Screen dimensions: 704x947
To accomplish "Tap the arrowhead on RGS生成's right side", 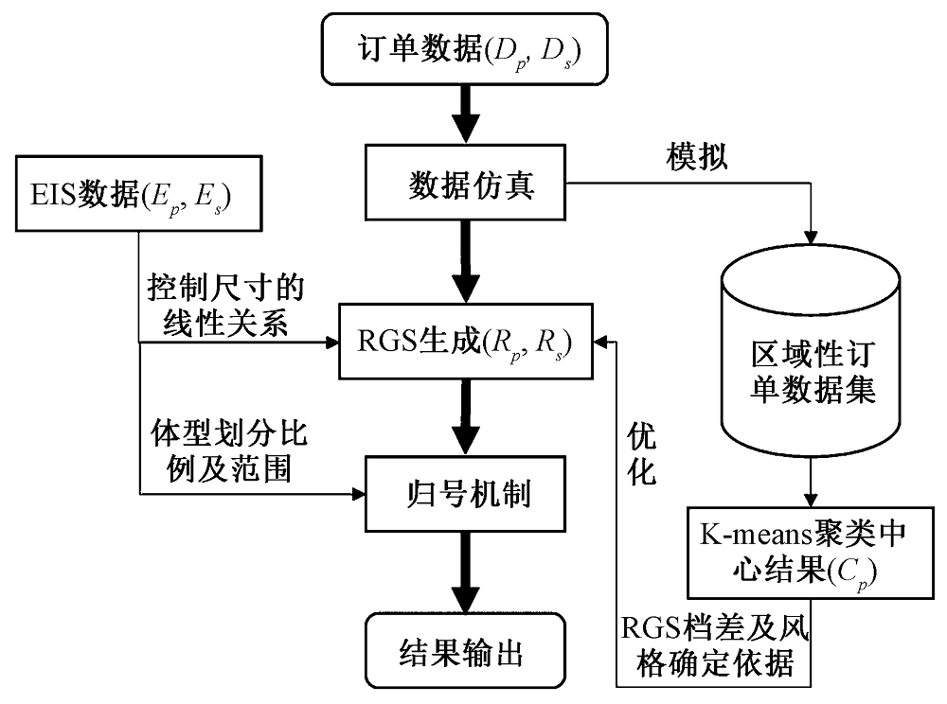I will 606,339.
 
